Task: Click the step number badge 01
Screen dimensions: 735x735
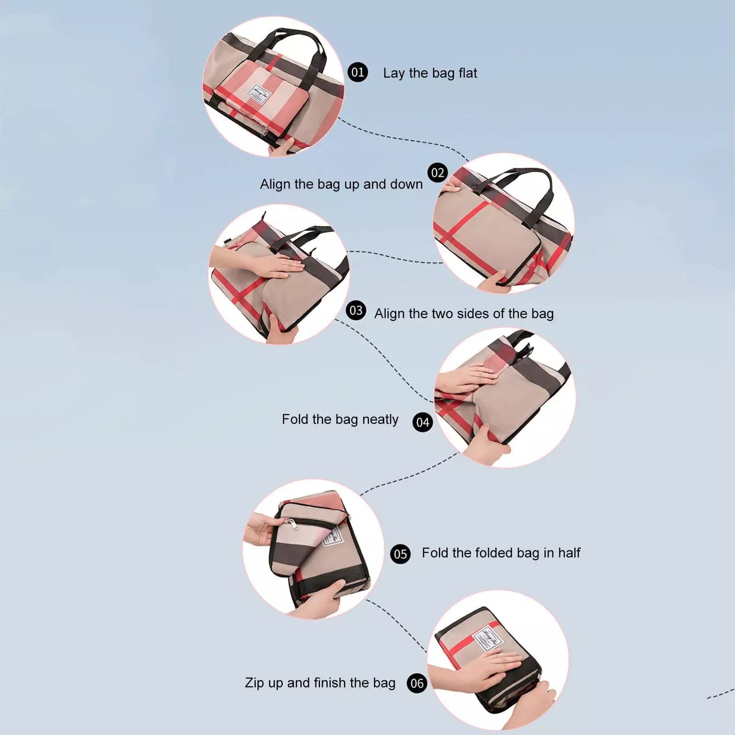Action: pyautogui.click(x=358, y=72)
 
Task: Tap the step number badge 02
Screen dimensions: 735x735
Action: pyautogui.click(x=438, y=173)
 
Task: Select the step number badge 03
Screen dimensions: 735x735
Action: pyautogui.click(x=356, y=311)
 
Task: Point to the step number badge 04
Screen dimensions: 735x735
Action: pyautogui.click(x=422, y=422)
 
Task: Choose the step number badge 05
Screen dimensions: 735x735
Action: pyautogui.click(x=400, y=554)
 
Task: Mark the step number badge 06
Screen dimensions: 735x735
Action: pyautogui.click(x=417, y=684)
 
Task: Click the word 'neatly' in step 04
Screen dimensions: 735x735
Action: pyautogui.click(x=380, y=420)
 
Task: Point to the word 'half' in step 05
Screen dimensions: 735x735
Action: pyautogui.click(x=569, y=553)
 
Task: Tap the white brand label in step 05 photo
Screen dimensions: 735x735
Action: pyautogui.click(x=331, y=535)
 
